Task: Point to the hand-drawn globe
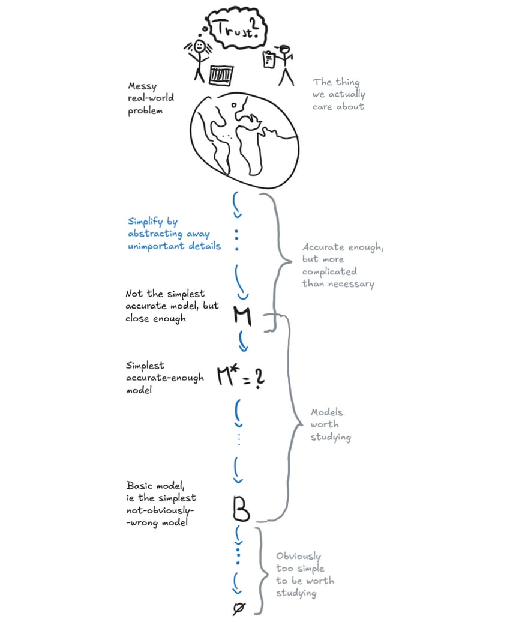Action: [243, 137]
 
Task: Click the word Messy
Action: [141, 88]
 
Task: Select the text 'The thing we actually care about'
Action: [338, 94]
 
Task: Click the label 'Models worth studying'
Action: [330, 425]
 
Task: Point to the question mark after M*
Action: [259, 379]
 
